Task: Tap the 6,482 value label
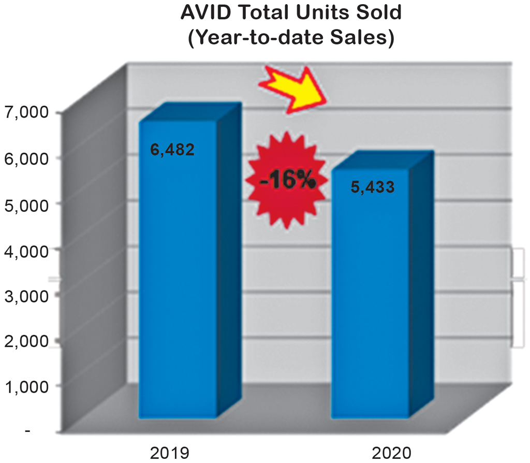172,150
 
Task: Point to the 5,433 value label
372,187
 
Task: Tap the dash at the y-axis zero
28,431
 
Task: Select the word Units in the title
318,13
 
